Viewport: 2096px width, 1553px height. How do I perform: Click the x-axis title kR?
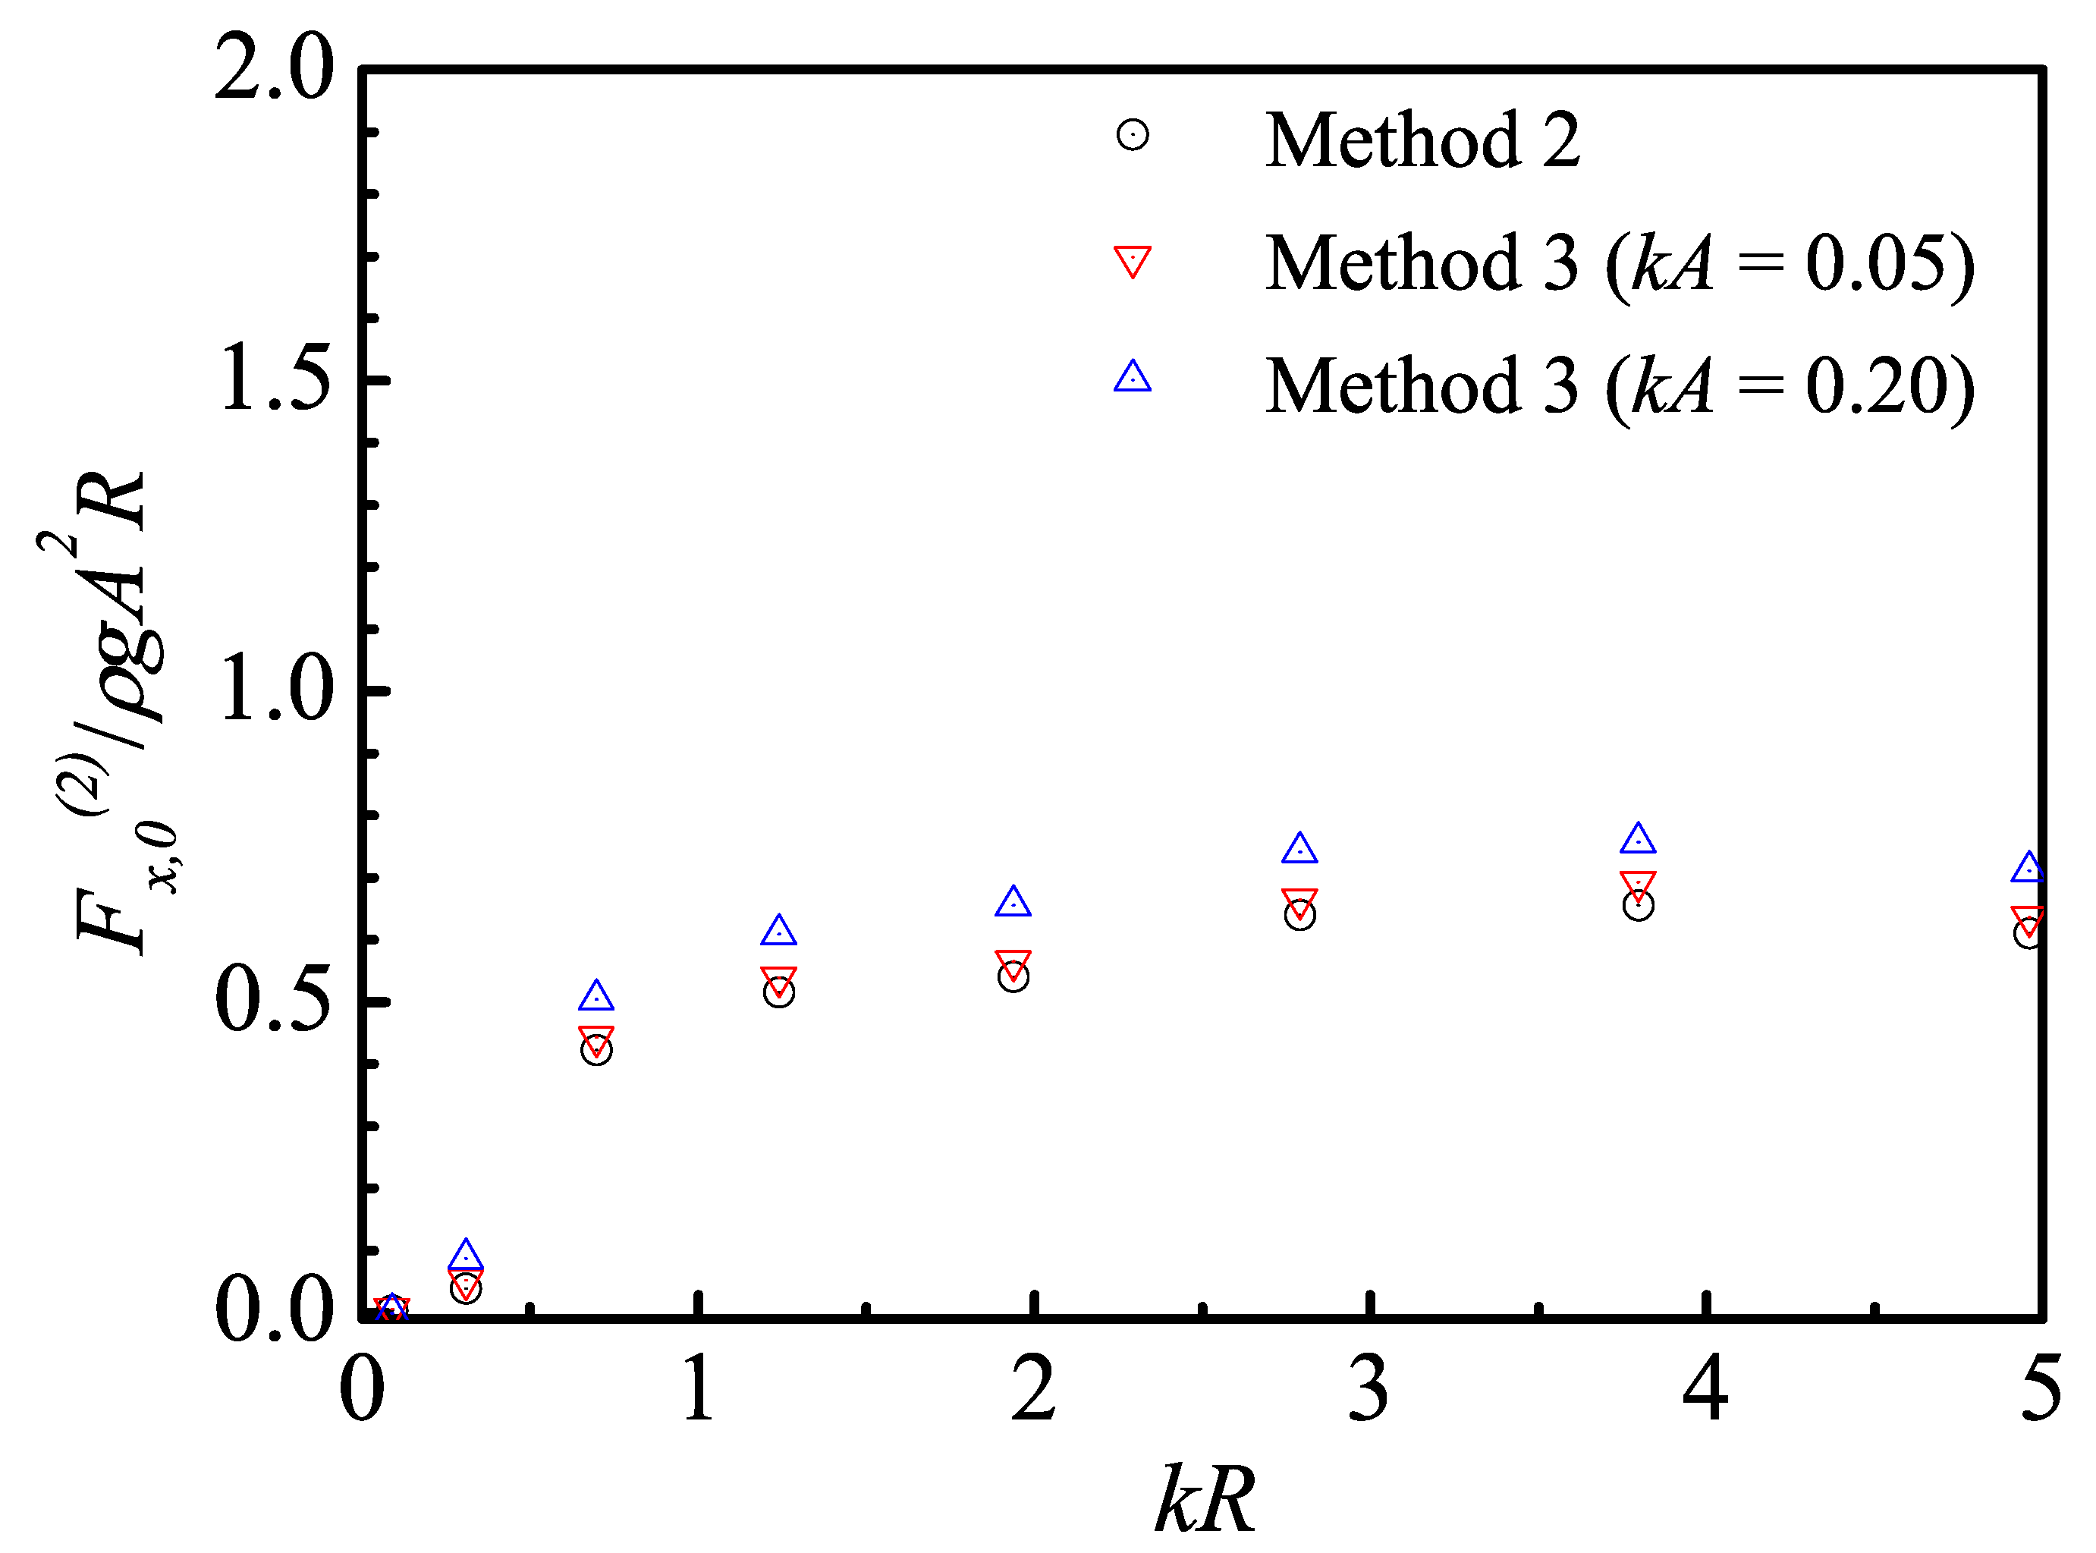[1205, 1501]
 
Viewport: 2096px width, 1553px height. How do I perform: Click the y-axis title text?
[111, 715]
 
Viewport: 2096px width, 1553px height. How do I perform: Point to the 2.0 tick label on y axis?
[274, 68]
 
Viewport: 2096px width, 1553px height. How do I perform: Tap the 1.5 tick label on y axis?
[274, 379]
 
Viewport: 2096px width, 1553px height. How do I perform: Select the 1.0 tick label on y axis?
[274, 691]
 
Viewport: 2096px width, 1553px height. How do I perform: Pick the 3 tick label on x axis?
[1369, 1389]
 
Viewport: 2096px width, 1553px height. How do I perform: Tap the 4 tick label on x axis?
[1705, 1389]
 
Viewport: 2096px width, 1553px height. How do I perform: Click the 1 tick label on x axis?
[697, 1389]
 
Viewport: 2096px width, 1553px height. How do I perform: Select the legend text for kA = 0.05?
[1620, 263]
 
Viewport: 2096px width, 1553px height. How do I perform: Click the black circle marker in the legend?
[1133, 135]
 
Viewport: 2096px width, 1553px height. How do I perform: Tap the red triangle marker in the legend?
[1133, 260]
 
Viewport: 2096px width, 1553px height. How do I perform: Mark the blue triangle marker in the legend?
[1133, 378]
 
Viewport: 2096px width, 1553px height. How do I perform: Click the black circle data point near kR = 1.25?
[778, 992]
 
